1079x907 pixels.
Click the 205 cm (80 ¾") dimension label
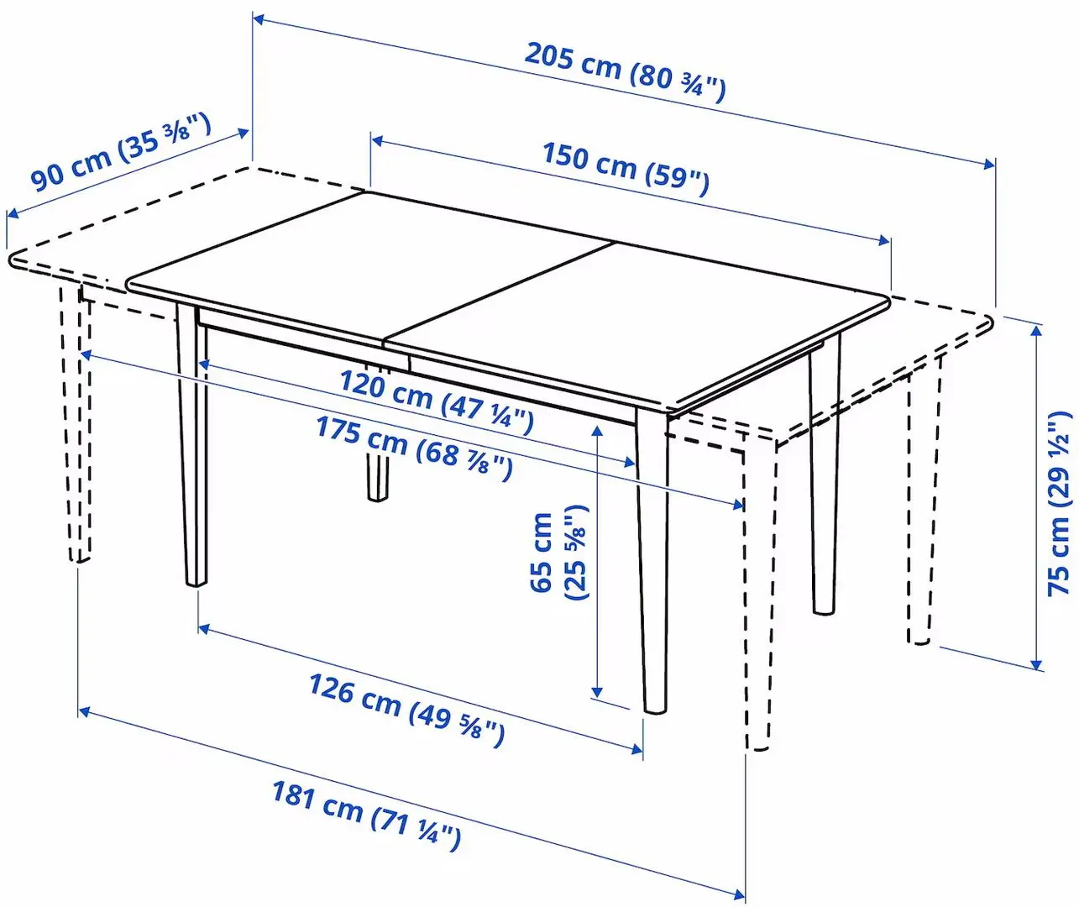pos(625,71)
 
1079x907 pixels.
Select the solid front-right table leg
pos(653,563)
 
